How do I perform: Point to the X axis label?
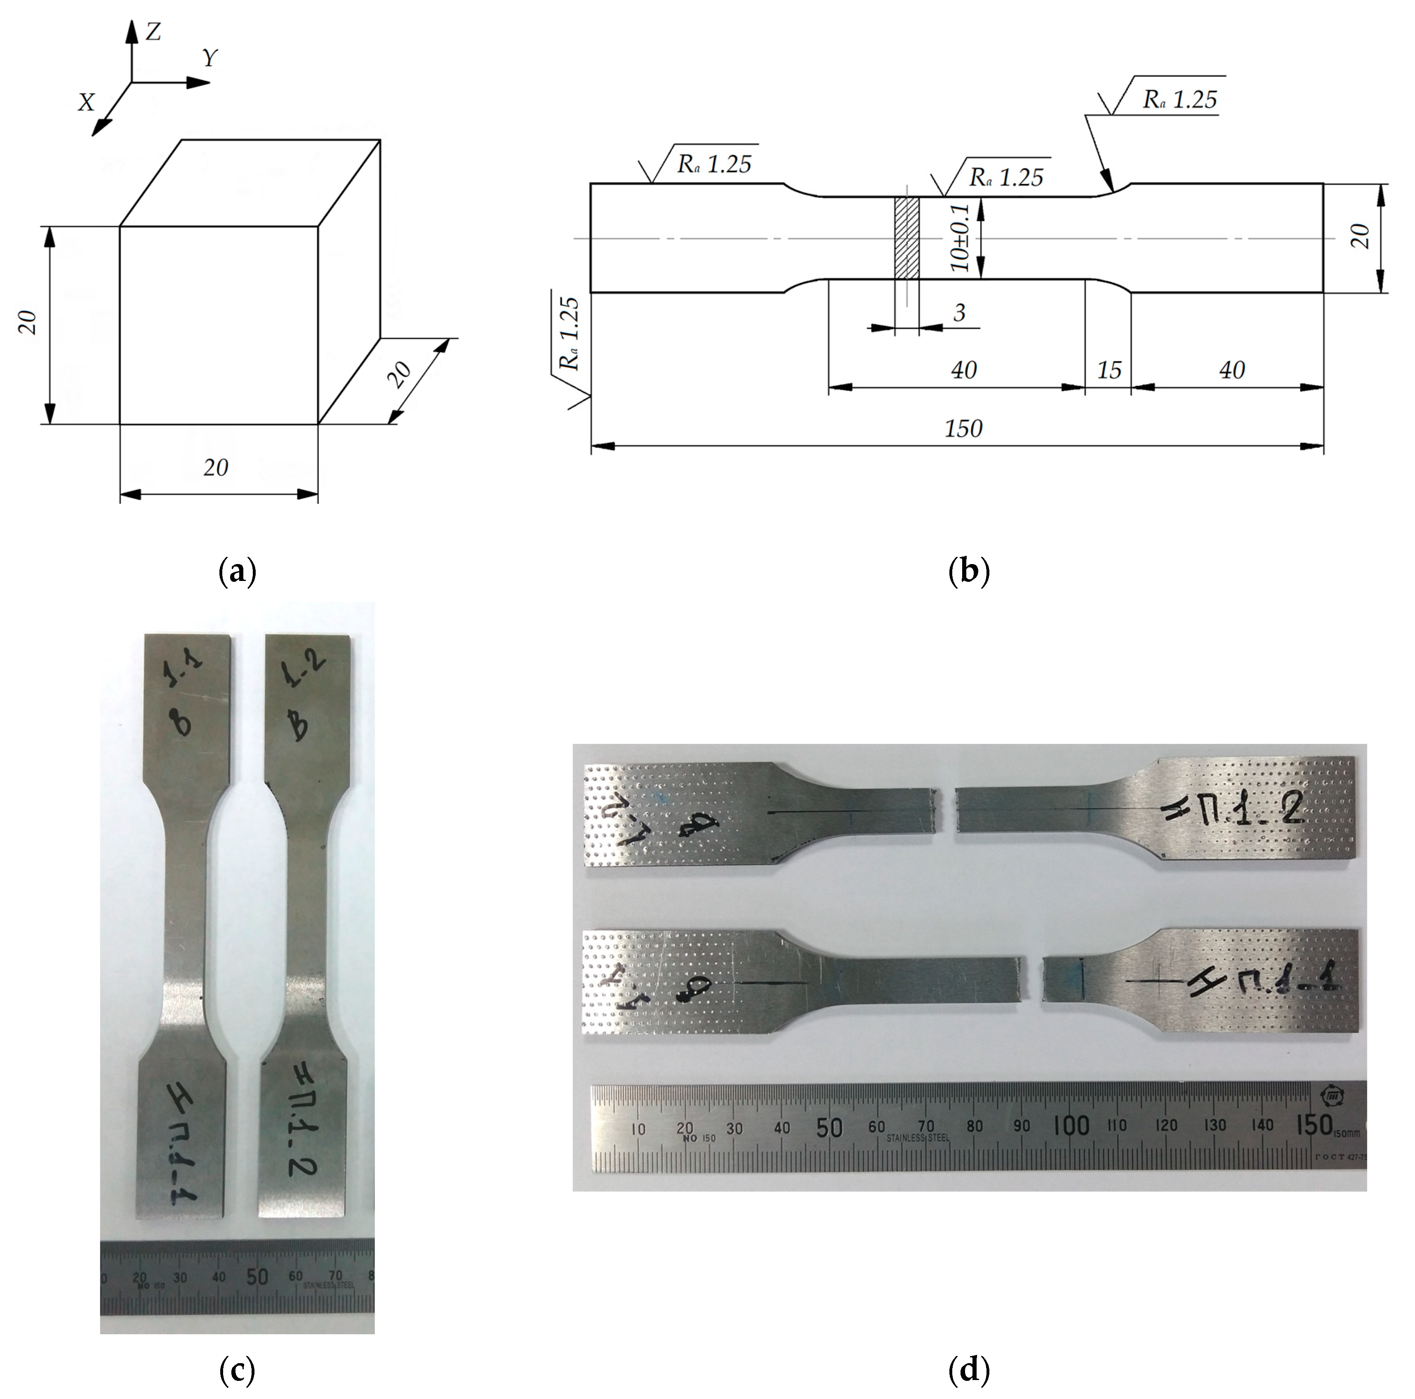coord(87,103)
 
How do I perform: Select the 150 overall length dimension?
coord(963,428)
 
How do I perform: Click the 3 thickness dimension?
coord(959,313)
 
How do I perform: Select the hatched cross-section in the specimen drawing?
coord(907,238)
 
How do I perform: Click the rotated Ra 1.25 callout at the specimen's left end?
coord(570,333)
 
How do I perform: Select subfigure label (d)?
coord(968,1368)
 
